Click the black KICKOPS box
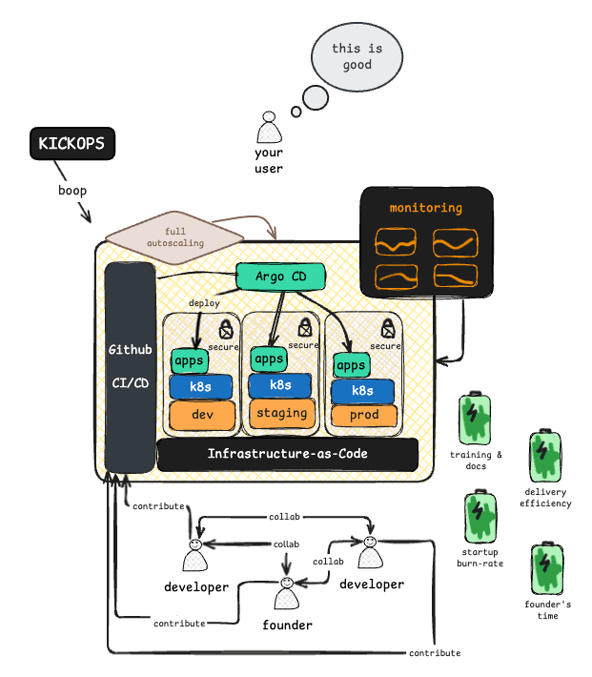pos(71,144)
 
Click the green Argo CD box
pos(280,277)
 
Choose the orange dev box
pos(202,416)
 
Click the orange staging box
pos(281,413)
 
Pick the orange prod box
pos(363,416)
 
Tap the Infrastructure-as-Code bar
pos(287,454)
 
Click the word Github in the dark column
pos(130,350)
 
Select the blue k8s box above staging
pos(281,385)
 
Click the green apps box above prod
pos(351,365)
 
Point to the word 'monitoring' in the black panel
pos(425,207)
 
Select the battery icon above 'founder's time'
pos(545,570)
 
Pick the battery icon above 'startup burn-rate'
pos(479,519)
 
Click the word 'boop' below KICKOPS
pos(72,191)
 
